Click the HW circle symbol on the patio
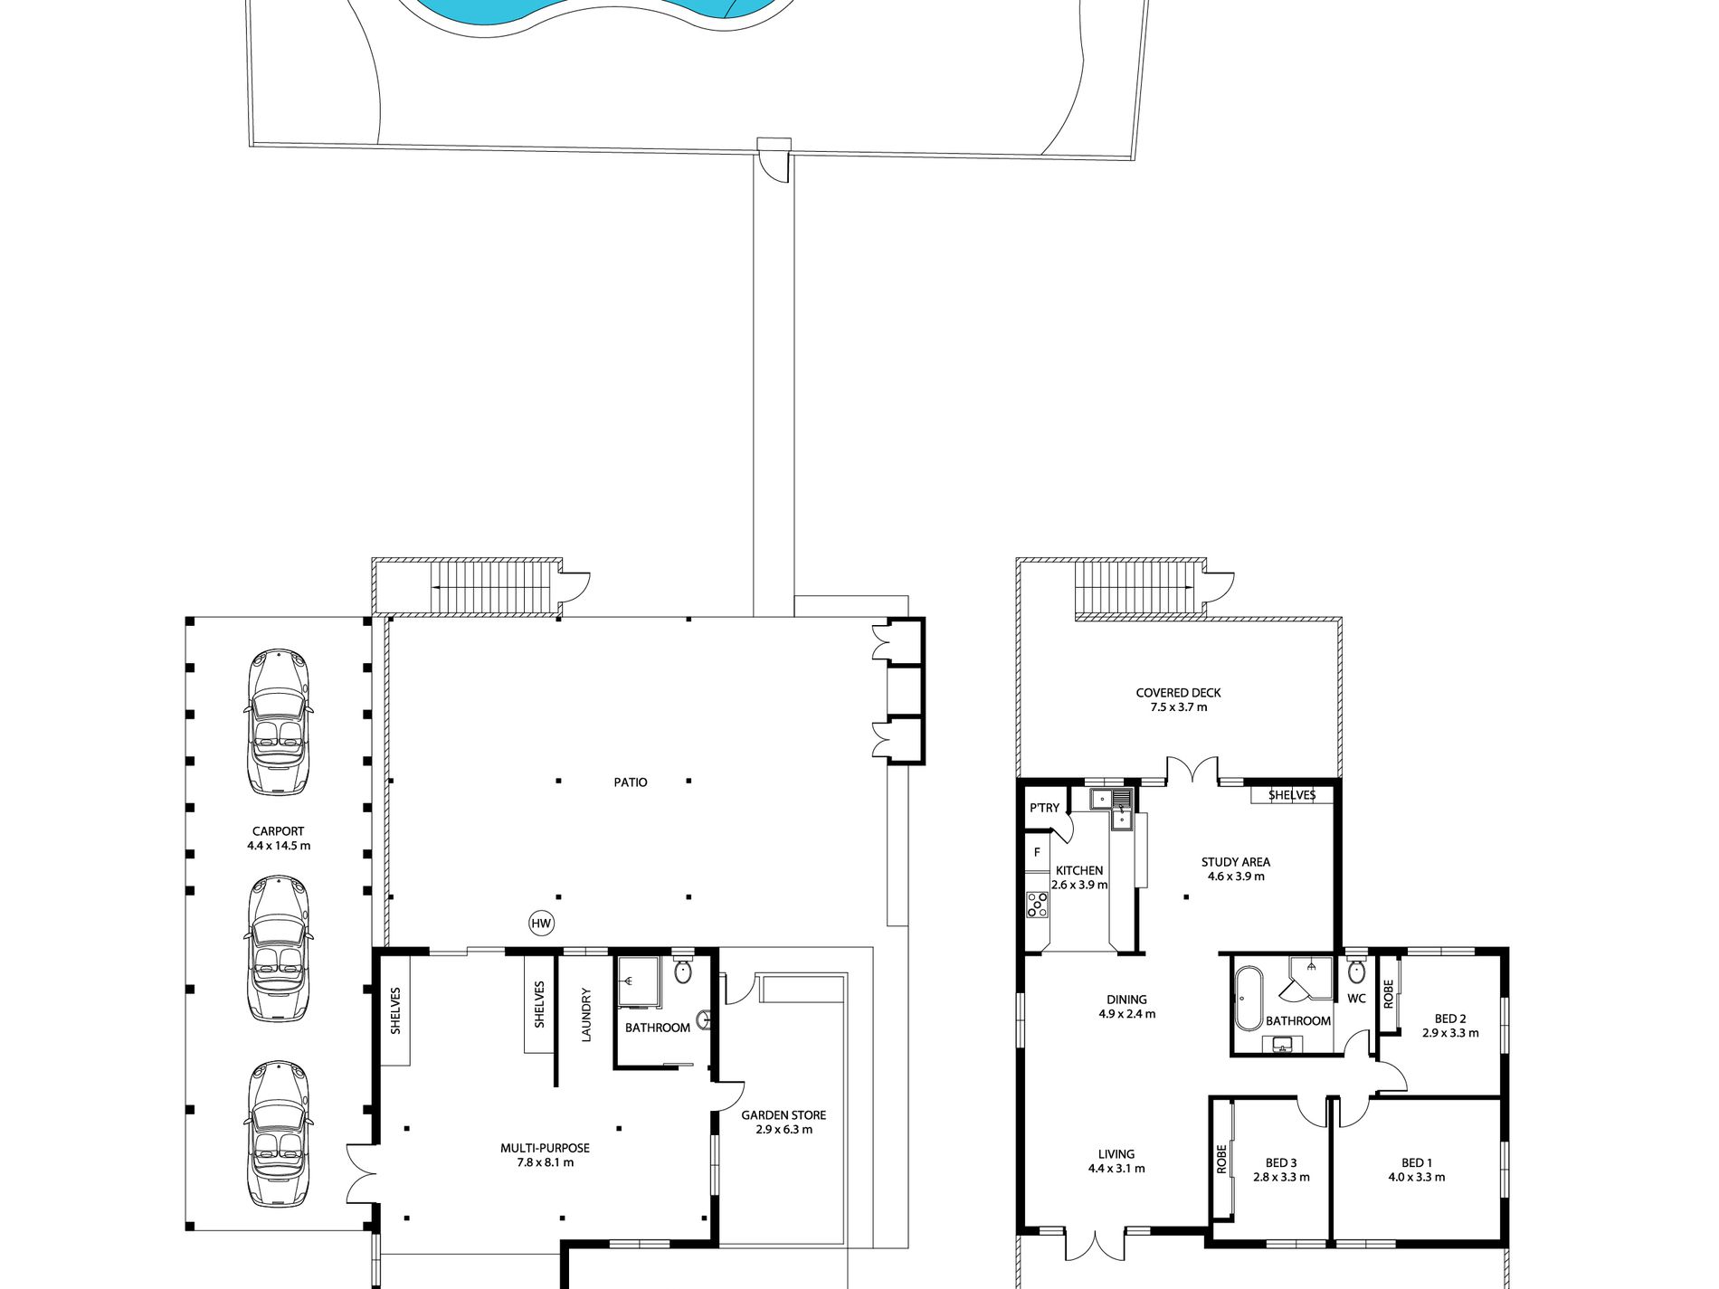(541, 924)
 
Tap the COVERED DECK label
(1178, 693)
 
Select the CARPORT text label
(278, 831)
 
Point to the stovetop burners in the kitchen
(1037, 905)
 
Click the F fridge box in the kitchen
(1037, 853)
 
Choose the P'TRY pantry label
(1044, 808)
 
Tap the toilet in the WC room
(1355, 971)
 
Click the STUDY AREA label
(1235, 862)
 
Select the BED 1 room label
(1416, 1163)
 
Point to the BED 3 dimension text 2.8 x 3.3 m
(1281, 1178)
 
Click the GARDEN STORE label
(784, 1115)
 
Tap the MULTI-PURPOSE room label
(545, 1148)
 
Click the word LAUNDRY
(586, 1015)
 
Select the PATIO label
(631, 782)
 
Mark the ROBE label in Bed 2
(1388, 994)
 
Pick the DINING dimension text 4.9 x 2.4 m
(1126, 1014)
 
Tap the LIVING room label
(1116, 1154)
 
